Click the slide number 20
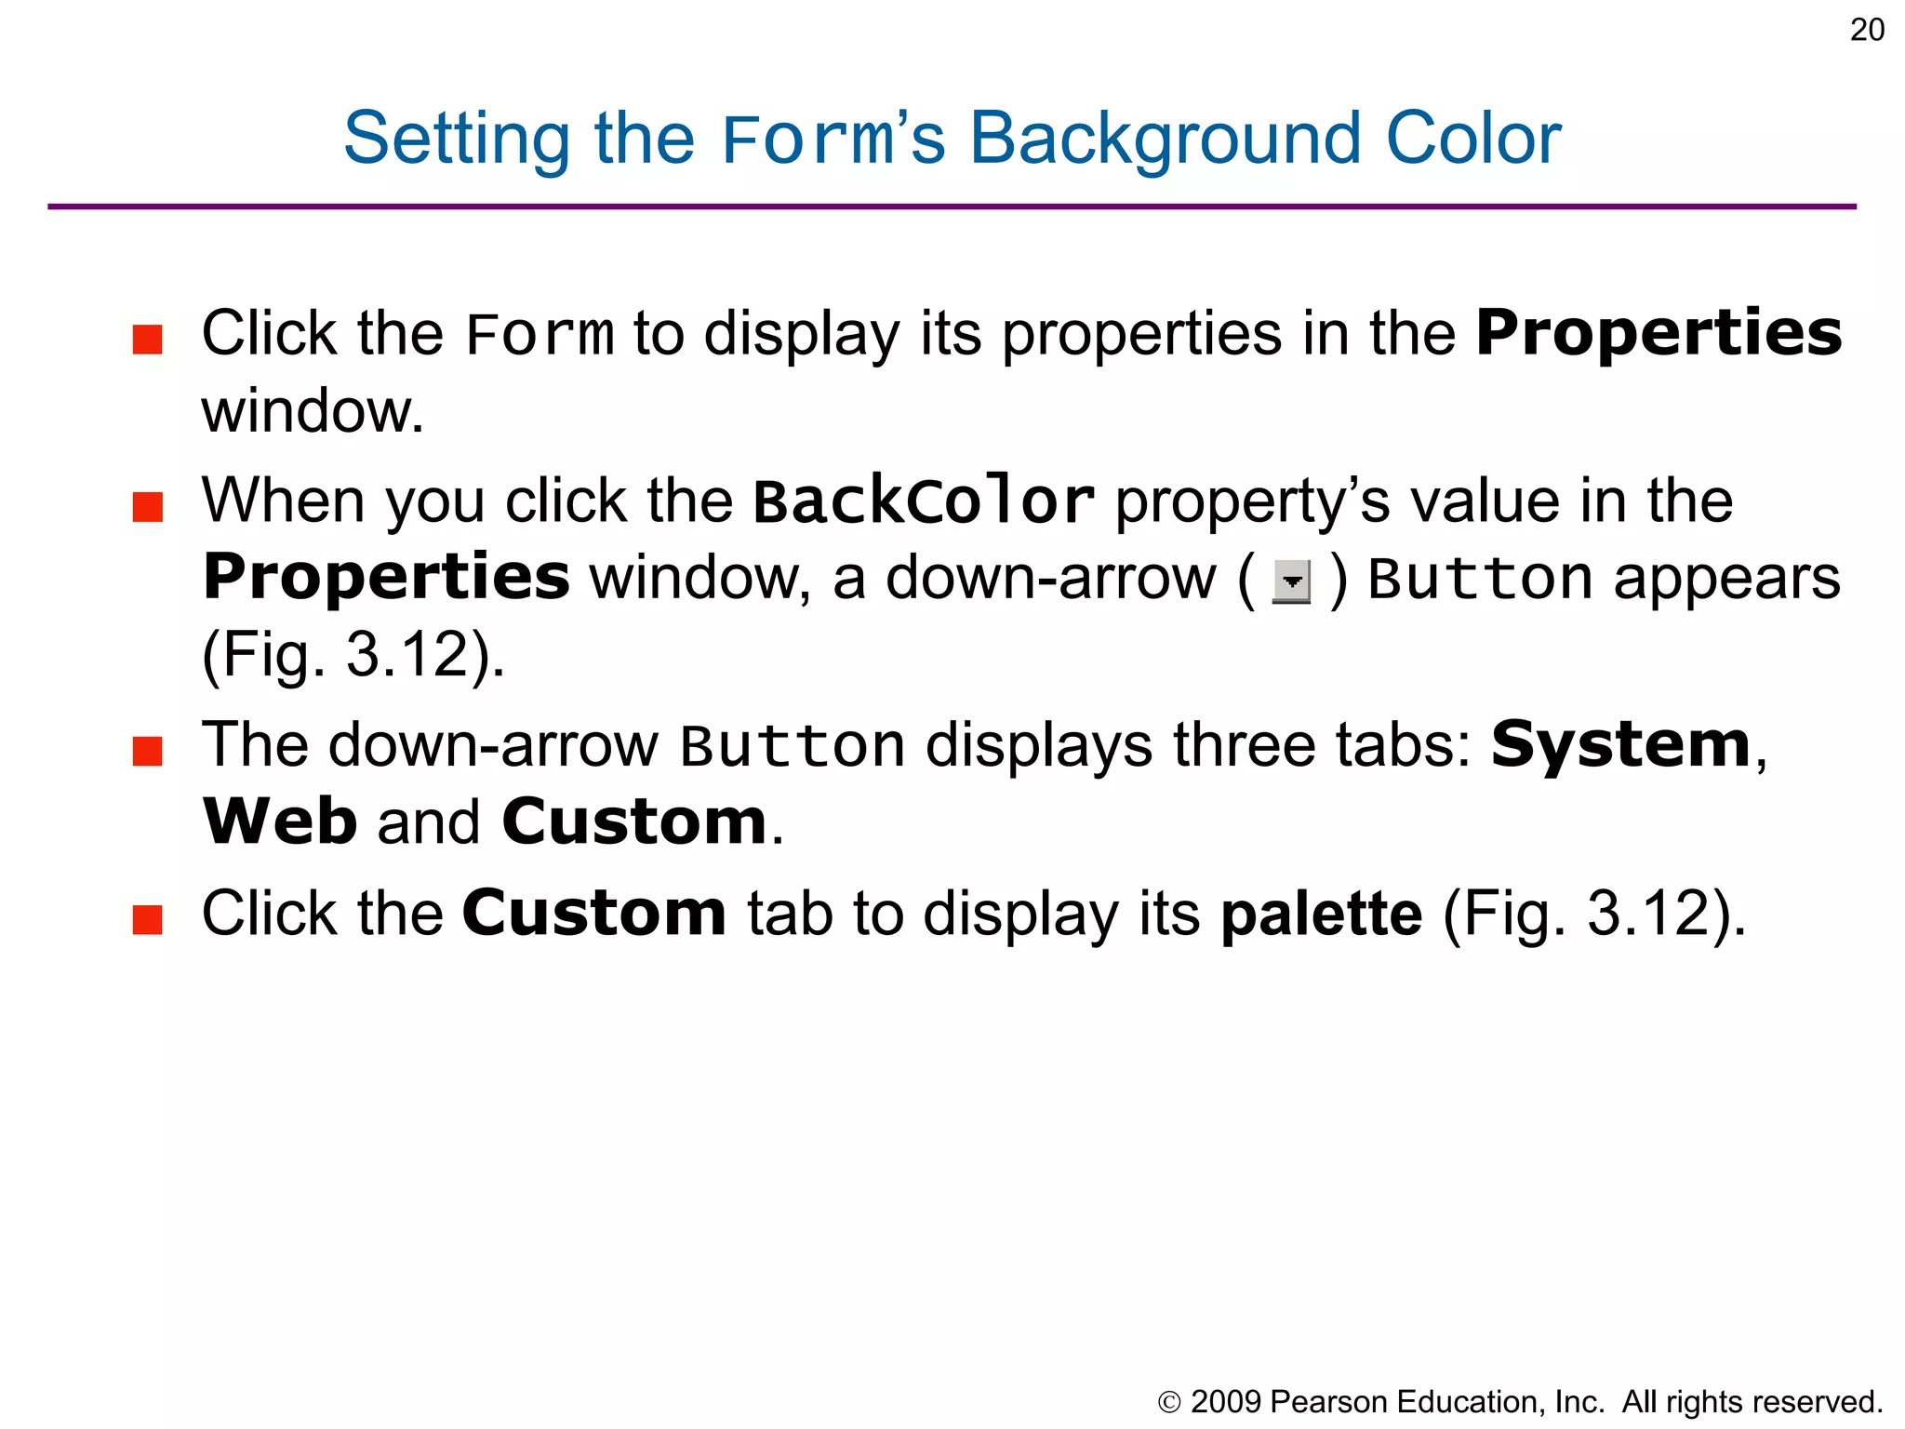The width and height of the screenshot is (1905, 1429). point(1867,31)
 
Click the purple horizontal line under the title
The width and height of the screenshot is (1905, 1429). point(952,207)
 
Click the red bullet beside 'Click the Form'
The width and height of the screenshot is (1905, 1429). point(148,340)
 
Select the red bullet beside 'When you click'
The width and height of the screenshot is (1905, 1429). point(148,507)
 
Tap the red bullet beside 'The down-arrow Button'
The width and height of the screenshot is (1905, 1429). point(148,751)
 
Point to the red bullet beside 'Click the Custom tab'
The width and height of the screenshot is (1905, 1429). point(148,919)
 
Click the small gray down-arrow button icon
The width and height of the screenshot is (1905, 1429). point(1291,582)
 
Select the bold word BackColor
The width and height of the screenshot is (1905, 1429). point(923,502)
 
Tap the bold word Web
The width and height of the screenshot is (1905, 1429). point(280,822)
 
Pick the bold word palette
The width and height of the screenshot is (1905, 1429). point(1321,915)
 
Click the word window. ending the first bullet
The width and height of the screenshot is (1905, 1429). point(313,412)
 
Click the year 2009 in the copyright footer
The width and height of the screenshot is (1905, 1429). point(1225,1402)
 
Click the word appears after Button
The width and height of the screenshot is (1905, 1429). point(1726,579)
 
